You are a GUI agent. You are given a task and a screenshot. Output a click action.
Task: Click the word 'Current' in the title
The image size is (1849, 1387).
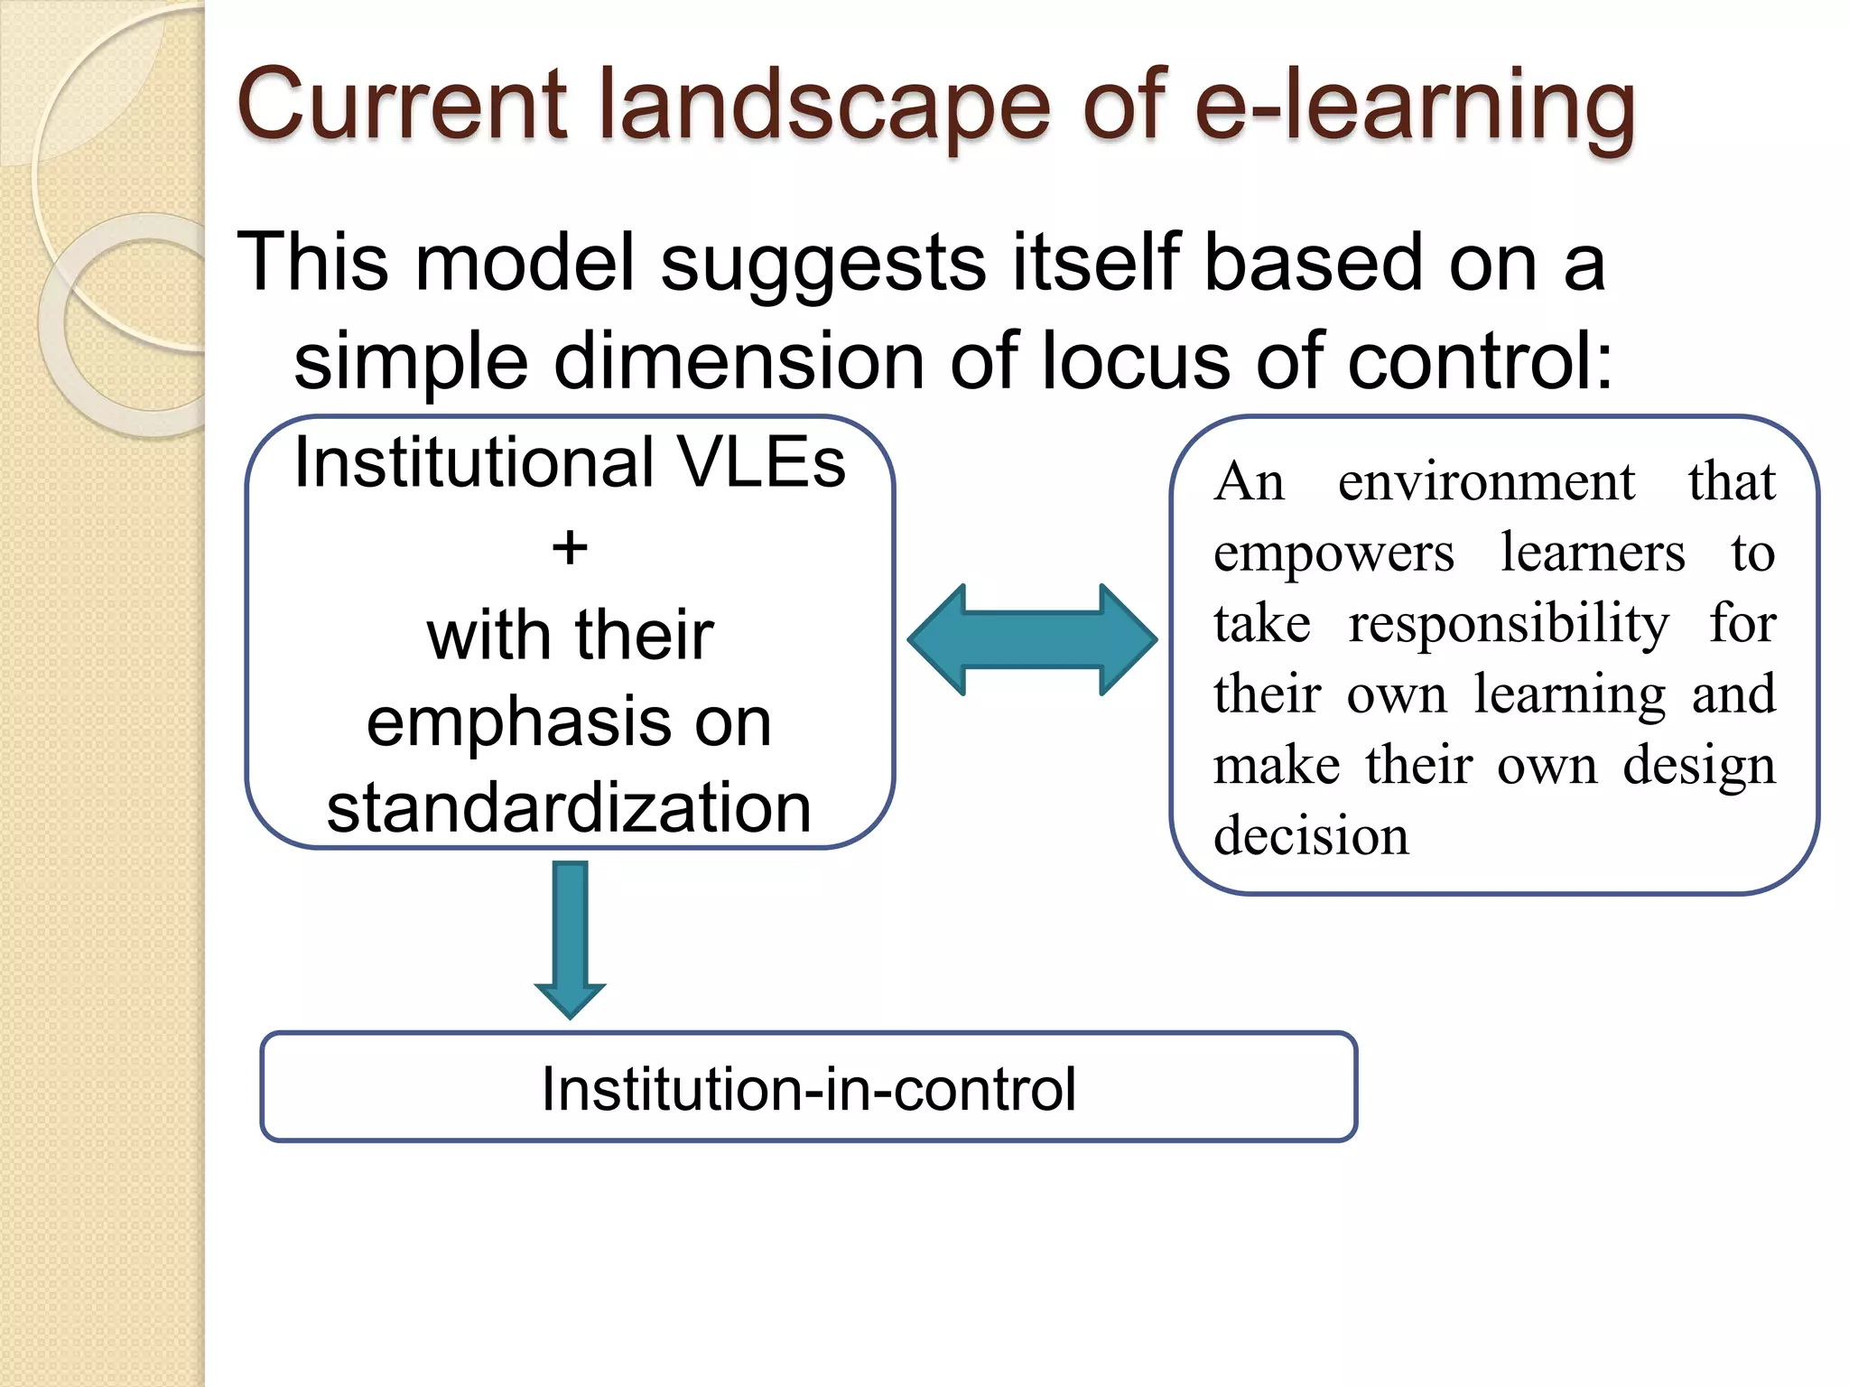402,106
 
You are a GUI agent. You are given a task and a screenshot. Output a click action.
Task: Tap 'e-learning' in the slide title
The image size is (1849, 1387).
1414,106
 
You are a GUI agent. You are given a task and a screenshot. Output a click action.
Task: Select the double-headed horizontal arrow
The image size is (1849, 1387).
1032,639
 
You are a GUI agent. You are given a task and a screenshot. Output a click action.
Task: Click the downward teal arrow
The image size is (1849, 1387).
570,939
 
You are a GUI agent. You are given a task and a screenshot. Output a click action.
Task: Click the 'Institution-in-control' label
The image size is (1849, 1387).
808,1088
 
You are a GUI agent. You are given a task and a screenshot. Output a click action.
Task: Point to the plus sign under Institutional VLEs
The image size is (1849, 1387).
570,548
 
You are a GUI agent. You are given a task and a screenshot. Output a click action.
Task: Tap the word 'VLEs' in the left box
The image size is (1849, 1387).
760,462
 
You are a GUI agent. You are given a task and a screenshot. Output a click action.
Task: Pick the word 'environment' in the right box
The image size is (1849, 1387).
1486,481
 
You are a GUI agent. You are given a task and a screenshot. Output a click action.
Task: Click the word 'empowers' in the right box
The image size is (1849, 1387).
1333,553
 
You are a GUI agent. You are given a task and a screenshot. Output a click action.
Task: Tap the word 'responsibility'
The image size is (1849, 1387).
1509,623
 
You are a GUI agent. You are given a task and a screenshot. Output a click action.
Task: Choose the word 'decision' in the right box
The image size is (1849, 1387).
1311,836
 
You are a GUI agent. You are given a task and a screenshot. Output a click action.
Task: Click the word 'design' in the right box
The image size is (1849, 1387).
1698,766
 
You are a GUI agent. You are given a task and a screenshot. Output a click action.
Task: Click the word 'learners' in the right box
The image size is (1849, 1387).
1593,553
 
